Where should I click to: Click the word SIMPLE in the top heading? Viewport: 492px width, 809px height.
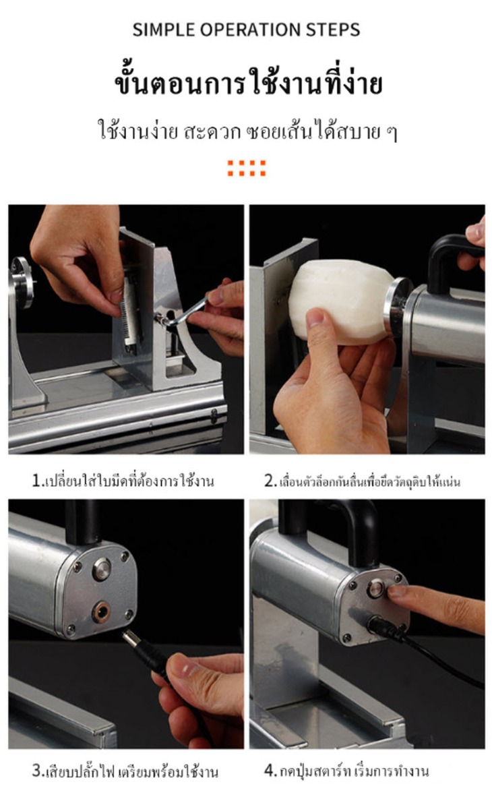164,30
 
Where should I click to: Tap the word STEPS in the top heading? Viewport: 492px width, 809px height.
333,30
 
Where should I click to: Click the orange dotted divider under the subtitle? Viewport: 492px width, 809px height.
246,168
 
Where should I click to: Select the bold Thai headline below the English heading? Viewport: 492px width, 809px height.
248,84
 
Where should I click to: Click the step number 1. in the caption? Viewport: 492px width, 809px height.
38,481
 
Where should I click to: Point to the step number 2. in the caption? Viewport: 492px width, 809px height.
271,481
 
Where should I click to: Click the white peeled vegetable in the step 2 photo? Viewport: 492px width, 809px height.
341,301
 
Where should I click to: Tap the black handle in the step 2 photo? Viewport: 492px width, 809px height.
451,258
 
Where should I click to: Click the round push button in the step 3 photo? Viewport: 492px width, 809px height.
102,570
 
